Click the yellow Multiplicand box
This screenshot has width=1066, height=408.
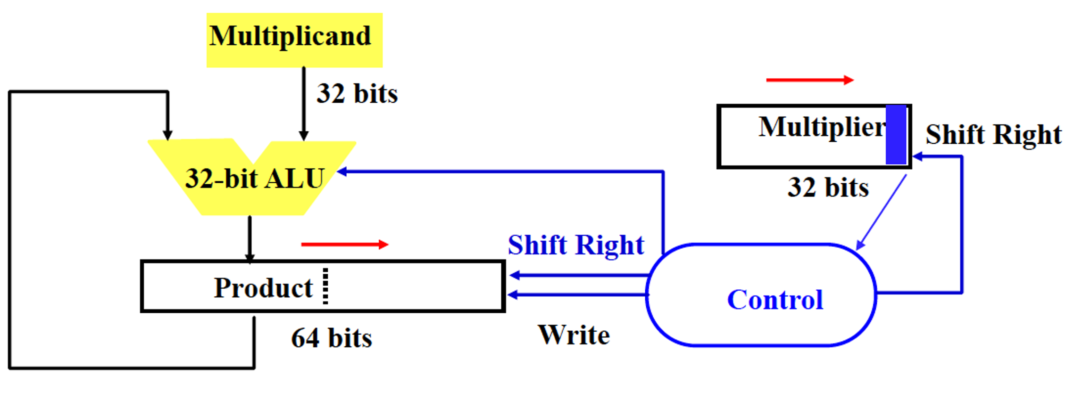pos(294,40)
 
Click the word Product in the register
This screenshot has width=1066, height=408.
pos(263,288)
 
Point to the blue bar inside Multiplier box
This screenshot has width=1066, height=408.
pos(896,135)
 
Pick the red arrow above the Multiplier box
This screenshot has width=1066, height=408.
pos(809,80)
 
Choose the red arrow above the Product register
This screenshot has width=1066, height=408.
pos(344,244)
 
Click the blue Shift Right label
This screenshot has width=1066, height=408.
pos(576,245)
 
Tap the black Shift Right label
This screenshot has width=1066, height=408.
pos(993,135)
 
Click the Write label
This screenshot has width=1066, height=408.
pos(574,335)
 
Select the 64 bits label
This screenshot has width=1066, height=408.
pos(332,338)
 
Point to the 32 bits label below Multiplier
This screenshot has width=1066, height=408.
pos(828,188)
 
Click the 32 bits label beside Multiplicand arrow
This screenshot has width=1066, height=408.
pos(357,93)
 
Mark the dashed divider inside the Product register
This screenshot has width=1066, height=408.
pos(325,286)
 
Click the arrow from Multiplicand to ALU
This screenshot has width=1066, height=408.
pos(304,104)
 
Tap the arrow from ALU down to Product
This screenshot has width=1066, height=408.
pos(250,238)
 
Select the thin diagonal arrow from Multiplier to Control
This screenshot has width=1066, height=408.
pos(881,212)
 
